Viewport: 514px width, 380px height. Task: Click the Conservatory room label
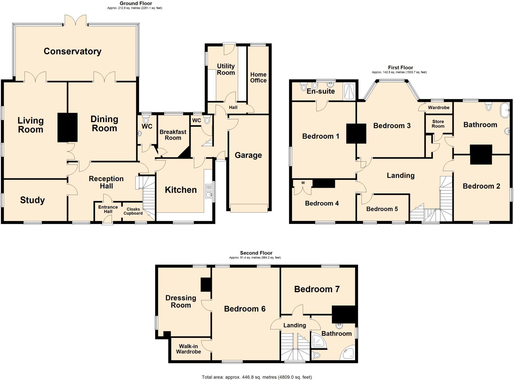pos(73,51)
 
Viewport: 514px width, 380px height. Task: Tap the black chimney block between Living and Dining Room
pos(67,127)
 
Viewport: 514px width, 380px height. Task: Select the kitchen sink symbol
pos(209,191)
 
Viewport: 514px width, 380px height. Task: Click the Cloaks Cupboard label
pos(133,211)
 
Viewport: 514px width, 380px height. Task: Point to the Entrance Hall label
pos(108,209)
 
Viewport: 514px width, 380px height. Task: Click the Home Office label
pos(258,77)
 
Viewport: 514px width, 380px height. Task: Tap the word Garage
pos(248,155)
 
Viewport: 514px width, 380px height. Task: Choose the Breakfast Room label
pos(173,135)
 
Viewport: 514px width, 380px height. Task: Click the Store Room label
pos(438,124)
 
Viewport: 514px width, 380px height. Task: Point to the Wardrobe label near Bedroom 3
pos(438,107)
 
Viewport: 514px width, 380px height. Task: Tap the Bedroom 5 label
pos(382,209)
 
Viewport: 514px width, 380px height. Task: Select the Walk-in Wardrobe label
pos(188,349)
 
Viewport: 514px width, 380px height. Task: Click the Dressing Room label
pos(181,301)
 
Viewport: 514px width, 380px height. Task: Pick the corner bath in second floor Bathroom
pos(348,353)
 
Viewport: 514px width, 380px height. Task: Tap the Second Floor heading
pos(256,253)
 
